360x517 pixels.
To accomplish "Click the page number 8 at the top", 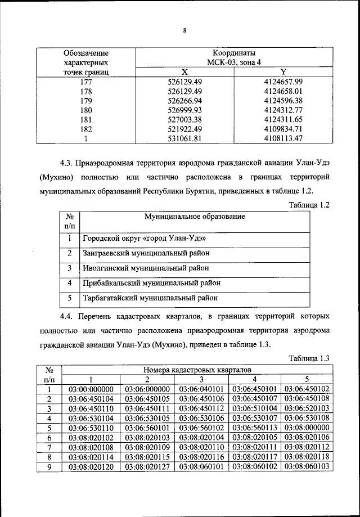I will coord(184,31).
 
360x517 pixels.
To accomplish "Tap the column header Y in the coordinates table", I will coord(283,72).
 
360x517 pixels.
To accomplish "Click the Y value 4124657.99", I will coord(283,82).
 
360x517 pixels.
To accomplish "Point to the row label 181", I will coord(86,119).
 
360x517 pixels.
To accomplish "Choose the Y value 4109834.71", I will coord(283,129).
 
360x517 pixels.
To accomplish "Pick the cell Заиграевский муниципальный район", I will coord(145,253).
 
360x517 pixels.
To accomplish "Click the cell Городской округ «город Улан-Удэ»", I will coord(142,238).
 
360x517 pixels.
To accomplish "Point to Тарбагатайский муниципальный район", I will coord(150,298).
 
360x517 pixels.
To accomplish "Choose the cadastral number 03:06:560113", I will coord(254,428).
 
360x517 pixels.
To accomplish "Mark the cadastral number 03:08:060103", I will coord(307,466).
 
